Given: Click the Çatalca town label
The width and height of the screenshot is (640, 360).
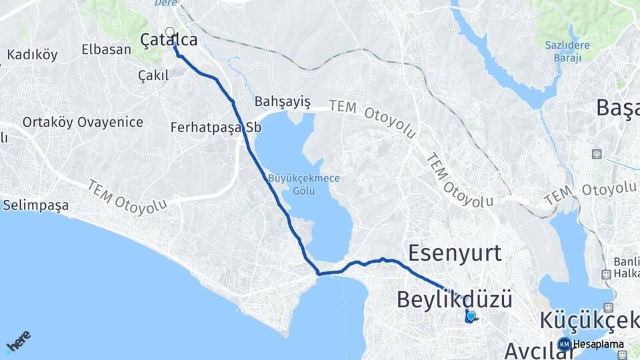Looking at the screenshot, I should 169,41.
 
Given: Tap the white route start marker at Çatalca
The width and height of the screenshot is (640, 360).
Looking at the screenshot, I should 169,31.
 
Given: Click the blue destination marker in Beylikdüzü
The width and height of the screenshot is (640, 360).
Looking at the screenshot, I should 471,316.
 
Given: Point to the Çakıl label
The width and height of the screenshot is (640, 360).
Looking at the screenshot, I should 153,75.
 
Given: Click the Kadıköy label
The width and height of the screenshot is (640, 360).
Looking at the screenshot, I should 32,55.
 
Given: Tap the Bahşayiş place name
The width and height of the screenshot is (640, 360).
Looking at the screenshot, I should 283,101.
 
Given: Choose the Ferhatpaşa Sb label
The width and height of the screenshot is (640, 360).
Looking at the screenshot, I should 215,127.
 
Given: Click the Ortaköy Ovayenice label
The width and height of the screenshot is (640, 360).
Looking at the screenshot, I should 83,122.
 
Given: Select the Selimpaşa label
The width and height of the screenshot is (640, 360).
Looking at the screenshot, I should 35,205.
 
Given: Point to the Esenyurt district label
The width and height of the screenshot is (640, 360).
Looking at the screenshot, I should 455,253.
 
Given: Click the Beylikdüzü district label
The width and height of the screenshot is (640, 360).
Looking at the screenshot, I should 455,299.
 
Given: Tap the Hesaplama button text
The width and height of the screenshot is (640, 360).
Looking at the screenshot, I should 598,345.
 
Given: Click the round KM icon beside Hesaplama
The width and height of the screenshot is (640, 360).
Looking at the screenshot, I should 564,345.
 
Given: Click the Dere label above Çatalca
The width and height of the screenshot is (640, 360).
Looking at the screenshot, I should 166,3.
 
